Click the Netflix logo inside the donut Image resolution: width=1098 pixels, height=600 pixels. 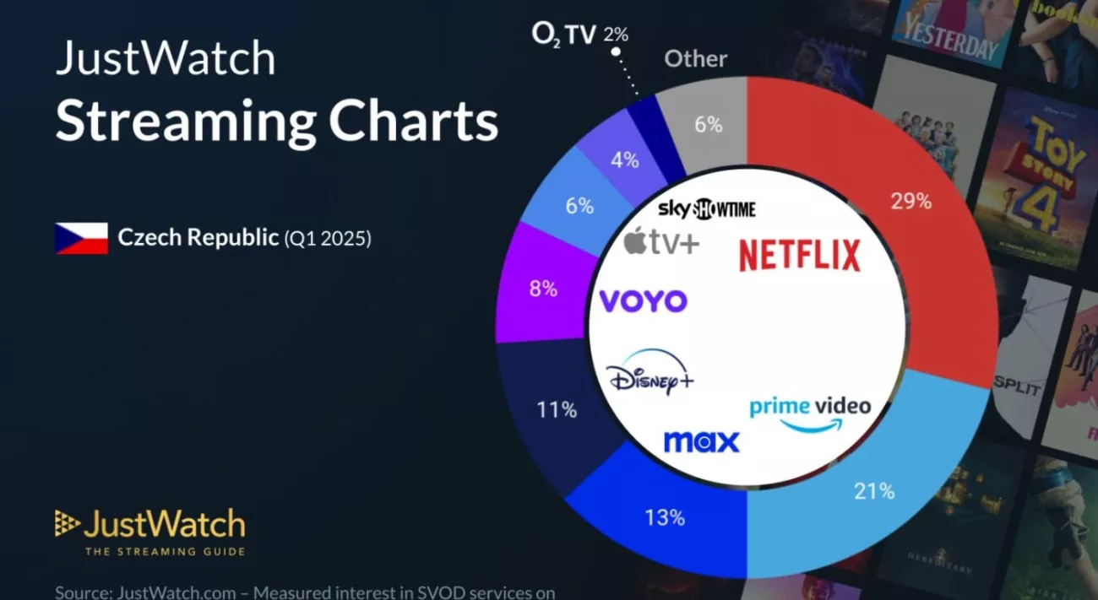tap(799, 256)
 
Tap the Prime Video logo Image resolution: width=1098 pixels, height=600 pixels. tap(809, 413)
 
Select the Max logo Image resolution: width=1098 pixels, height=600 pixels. tap(701, 441)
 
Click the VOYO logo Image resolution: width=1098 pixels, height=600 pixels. tap(643, 301)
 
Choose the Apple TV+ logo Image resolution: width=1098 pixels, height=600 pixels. tap(661, 243)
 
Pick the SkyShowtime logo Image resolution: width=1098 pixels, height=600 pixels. tap(706, 209)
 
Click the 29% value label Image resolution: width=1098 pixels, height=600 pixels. tap(911, 202)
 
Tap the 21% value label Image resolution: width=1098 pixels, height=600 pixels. tap(873, 491)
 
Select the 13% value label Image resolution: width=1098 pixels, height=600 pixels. tap(664, 517)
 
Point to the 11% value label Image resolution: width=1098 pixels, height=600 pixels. tap(557, 410)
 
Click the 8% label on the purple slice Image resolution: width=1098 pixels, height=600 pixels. tap(543, 289)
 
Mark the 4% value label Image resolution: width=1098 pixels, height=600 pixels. tap(625, 160)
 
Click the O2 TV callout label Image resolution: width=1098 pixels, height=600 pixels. tap(579, 34)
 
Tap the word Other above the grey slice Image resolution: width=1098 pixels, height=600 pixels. tap(695, 59)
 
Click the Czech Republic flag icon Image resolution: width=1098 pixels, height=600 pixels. tap(81, 238)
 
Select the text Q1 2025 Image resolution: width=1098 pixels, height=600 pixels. tap(327, 239)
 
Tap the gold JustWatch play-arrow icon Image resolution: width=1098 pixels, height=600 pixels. tap(68, 524)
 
